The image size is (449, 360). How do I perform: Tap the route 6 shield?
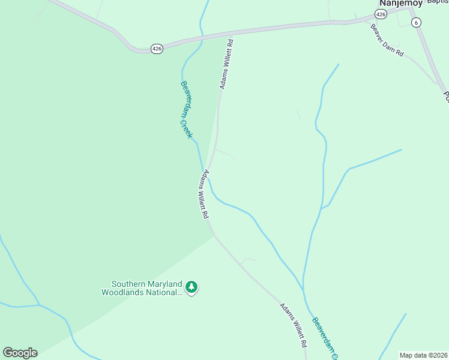point(416,22)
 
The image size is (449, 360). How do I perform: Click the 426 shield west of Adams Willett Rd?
point(156,48)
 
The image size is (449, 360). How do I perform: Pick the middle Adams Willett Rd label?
point(205,194)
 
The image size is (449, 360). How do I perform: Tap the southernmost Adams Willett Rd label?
point(294,326)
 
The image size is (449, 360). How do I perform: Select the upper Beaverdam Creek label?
point(187,110)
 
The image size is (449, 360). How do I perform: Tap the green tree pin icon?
point(191,287)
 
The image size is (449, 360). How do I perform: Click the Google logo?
point(20,353)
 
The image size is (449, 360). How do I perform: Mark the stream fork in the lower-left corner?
point(40,305)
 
